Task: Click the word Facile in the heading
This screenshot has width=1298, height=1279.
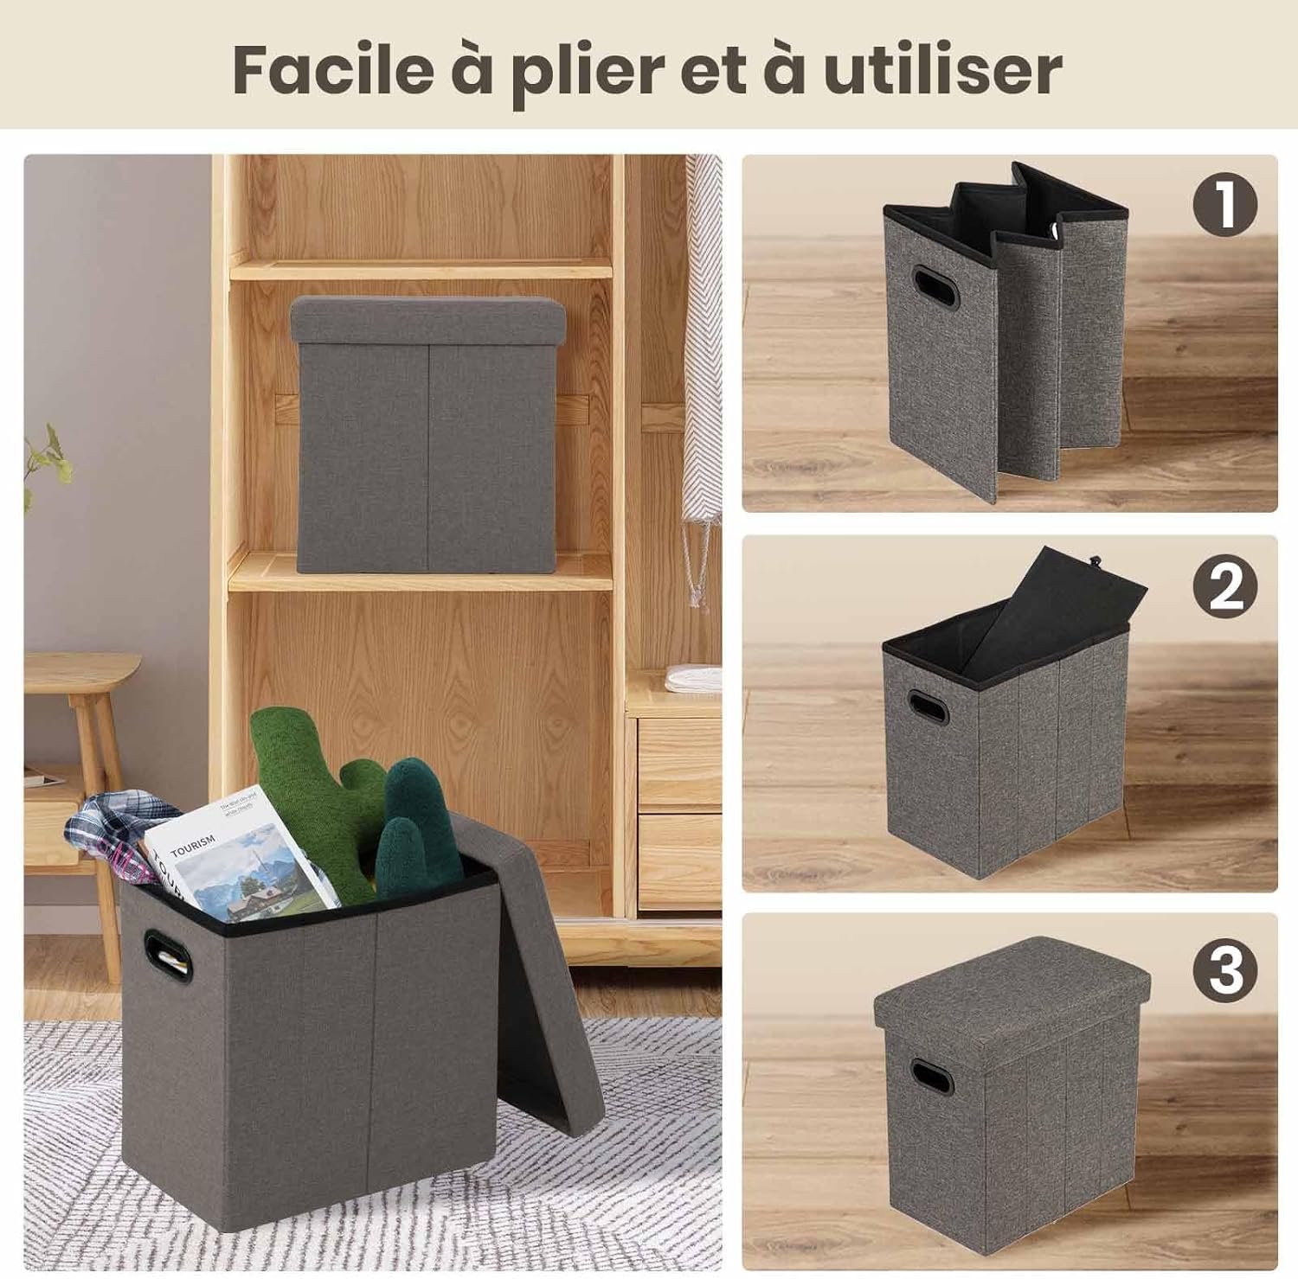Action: coord(332,69)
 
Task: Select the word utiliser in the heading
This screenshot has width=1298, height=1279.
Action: coord(942,69)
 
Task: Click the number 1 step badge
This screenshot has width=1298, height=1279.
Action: coord(1224,205)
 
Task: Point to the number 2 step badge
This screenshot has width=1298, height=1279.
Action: coord(1224,587)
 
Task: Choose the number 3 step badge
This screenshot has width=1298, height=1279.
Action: coord(1224,969)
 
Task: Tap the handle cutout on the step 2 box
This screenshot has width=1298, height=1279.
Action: coord(928,707)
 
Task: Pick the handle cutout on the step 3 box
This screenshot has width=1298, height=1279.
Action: coord(931,1078)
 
